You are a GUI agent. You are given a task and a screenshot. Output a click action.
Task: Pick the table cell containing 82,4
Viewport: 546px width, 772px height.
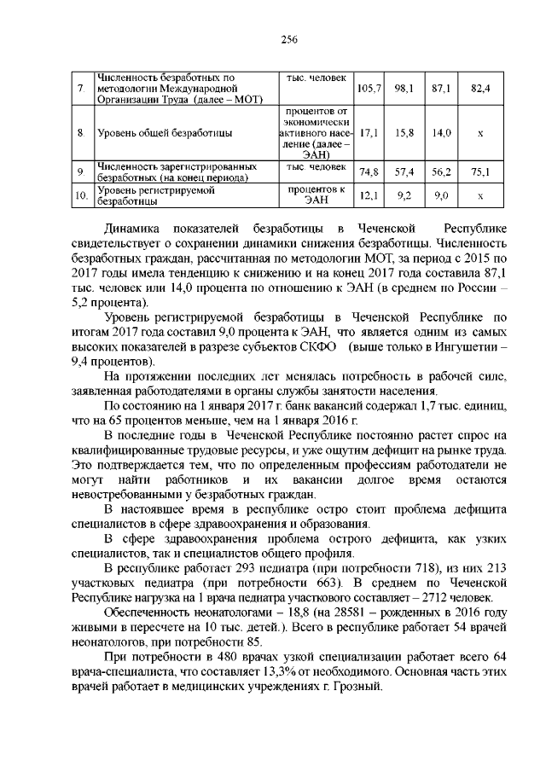coord(481,88)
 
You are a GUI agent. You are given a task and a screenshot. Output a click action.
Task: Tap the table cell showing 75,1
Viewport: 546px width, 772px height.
coord(481,172)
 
